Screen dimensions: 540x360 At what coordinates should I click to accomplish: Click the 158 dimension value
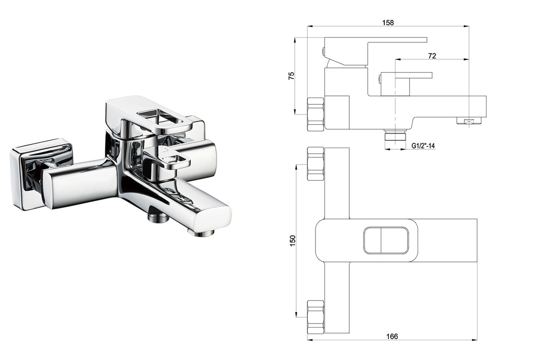click(388, 22)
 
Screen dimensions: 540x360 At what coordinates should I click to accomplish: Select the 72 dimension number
click(432, 56)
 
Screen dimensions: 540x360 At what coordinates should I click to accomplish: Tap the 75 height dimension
click(292, 76)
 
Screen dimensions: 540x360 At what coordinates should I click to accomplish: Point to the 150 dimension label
click(292, 240)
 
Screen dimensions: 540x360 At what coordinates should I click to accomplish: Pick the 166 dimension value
click(392, 336)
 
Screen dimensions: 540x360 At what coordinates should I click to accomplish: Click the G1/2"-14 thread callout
click(423, 146)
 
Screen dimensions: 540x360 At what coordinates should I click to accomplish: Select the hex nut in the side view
click(316, 114)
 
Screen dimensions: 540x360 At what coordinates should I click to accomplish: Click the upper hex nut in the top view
click(316, 164)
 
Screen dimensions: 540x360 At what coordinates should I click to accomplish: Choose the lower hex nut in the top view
click(316, 317)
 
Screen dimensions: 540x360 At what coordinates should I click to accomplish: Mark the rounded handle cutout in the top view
click(386, 241)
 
